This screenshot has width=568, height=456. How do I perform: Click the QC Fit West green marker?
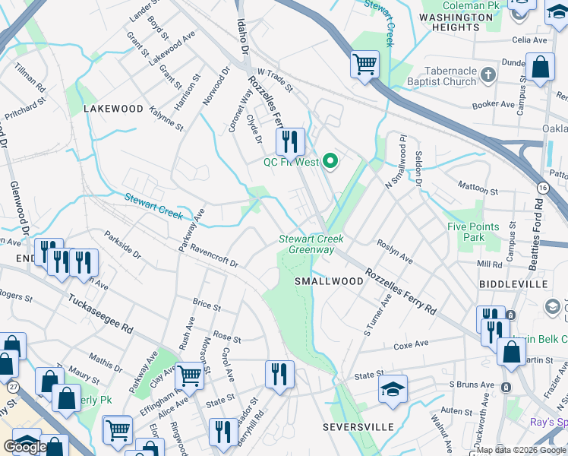point(330,160)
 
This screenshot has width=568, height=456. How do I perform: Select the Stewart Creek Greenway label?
point(311,243)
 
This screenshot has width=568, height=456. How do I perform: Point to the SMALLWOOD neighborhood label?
point(329,281)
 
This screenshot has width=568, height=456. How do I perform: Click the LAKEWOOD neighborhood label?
point(113,109)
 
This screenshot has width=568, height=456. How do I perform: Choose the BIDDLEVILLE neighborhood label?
point(513,283)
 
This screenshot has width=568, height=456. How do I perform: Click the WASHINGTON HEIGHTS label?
point(456,21)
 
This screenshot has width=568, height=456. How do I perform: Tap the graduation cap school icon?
point(393,391)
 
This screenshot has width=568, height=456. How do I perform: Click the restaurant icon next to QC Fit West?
point(289,141)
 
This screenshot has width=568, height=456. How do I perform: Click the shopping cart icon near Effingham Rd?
point(189,374)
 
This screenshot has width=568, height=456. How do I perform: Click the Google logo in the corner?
point(24,447)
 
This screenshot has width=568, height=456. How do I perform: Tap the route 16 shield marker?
point(542,187)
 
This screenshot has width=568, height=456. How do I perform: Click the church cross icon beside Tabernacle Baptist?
point(488,74)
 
